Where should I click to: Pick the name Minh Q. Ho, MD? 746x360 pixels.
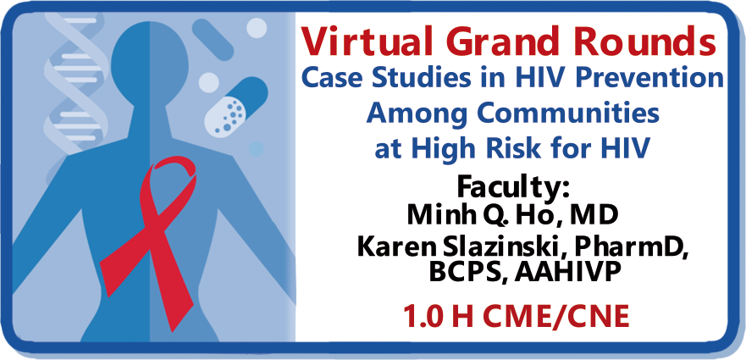coord(512,216)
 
